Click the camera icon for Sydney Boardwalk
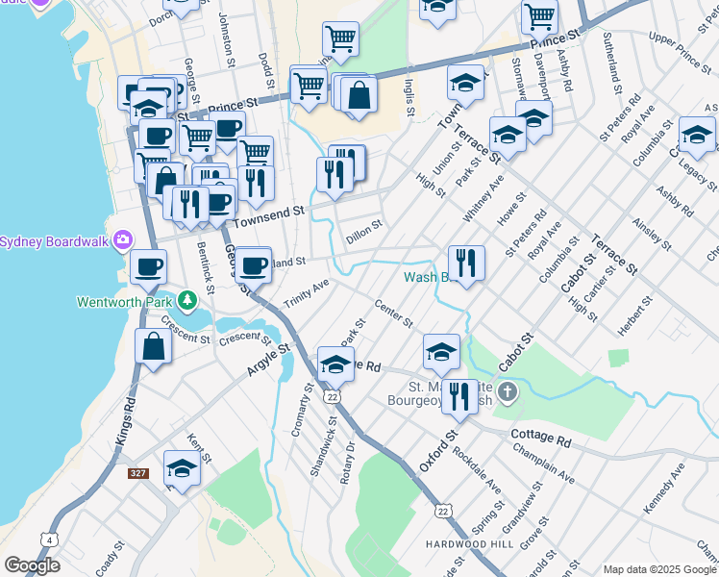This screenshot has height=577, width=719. [x=122, y=239]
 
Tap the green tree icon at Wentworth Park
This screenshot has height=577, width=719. [x=187, y=301]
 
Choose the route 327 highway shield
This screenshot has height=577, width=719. [x=138, y=473]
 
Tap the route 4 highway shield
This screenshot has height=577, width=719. [x=50, y=539]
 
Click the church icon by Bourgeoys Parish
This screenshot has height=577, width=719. [x=508, y=392]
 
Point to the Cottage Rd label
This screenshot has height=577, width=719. [x=541, y=439]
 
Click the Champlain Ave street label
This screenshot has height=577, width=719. [x=544, y=464]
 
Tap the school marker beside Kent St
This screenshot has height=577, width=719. [x=181, y=468]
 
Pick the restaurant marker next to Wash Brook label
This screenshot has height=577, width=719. [x=466, y=263]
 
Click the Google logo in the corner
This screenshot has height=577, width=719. [x=33, y=565]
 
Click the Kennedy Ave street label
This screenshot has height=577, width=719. [x=664, y=488]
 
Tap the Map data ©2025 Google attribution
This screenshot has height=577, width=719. [x=659, y=569]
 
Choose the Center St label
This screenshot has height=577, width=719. [x=393, y=314]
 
